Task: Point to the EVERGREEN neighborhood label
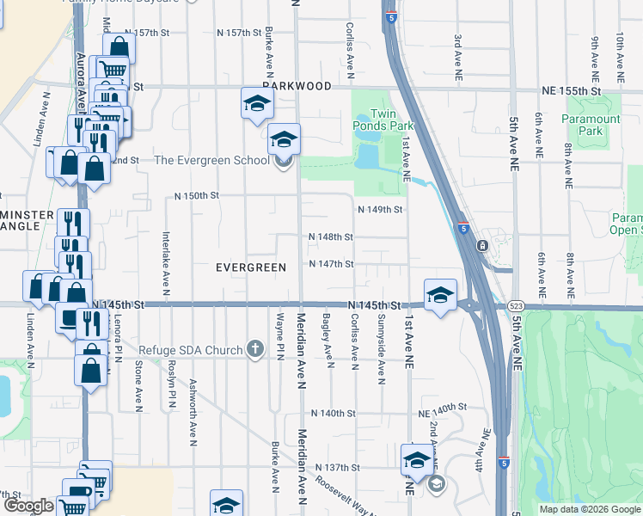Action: coord(250,267)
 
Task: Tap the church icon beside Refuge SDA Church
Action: coord(254,348)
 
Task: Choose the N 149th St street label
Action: coord(380,209)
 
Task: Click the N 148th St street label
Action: coord(331,236)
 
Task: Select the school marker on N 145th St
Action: coord(439,294)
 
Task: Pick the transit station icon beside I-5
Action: coord(483,246)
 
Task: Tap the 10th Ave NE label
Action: coord(620,52)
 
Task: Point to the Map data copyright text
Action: coord(590,509)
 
